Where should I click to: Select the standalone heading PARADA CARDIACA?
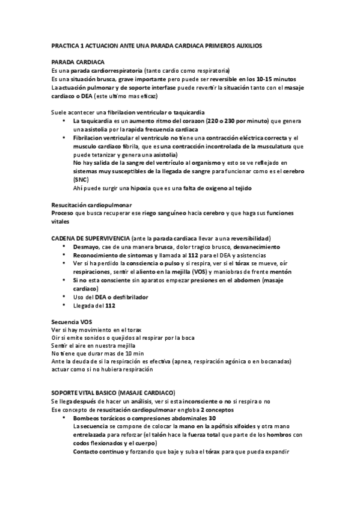tap(79, 63)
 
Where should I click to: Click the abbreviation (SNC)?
tap(81, 180)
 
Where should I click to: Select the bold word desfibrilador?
tap(130, 297)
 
